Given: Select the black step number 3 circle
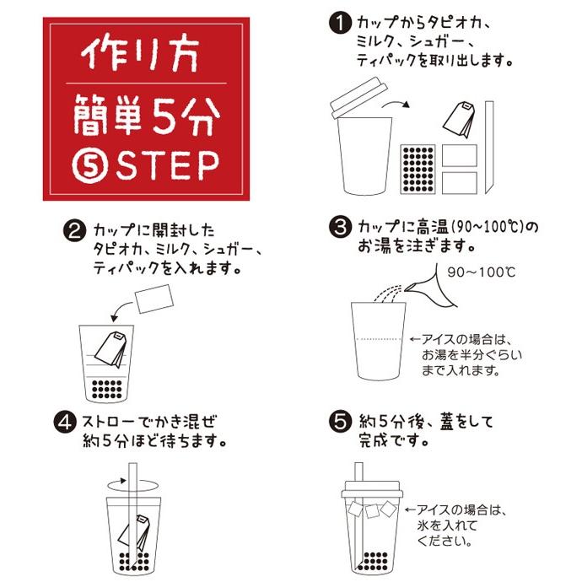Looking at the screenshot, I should [x=340, y=229].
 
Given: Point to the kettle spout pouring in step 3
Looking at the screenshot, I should [x=423, y=287].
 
